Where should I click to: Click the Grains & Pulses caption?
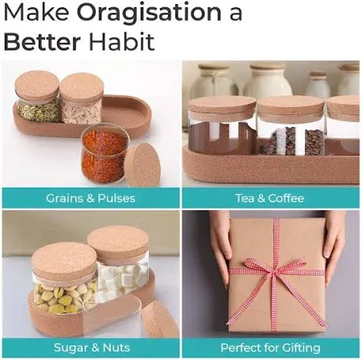(90, 198)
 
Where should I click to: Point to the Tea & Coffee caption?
(271, 198)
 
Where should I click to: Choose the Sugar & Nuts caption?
(90, 348)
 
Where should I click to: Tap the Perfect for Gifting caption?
(271, 348)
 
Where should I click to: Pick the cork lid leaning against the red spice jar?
(142, 164)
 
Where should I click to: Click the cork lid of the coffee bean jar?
(290, 107)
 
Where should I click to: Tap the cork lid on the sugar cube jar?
(118, 240)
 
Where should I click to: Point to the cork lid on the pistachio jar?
(64, 259)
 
